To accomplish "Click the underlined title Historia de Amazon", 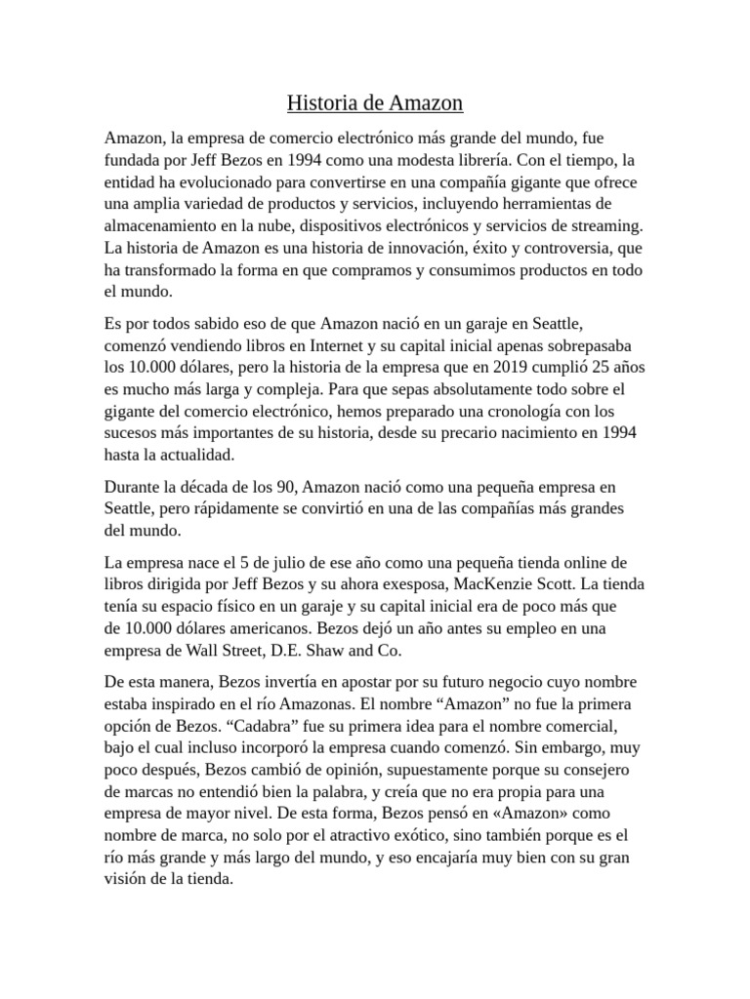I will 375,102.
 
